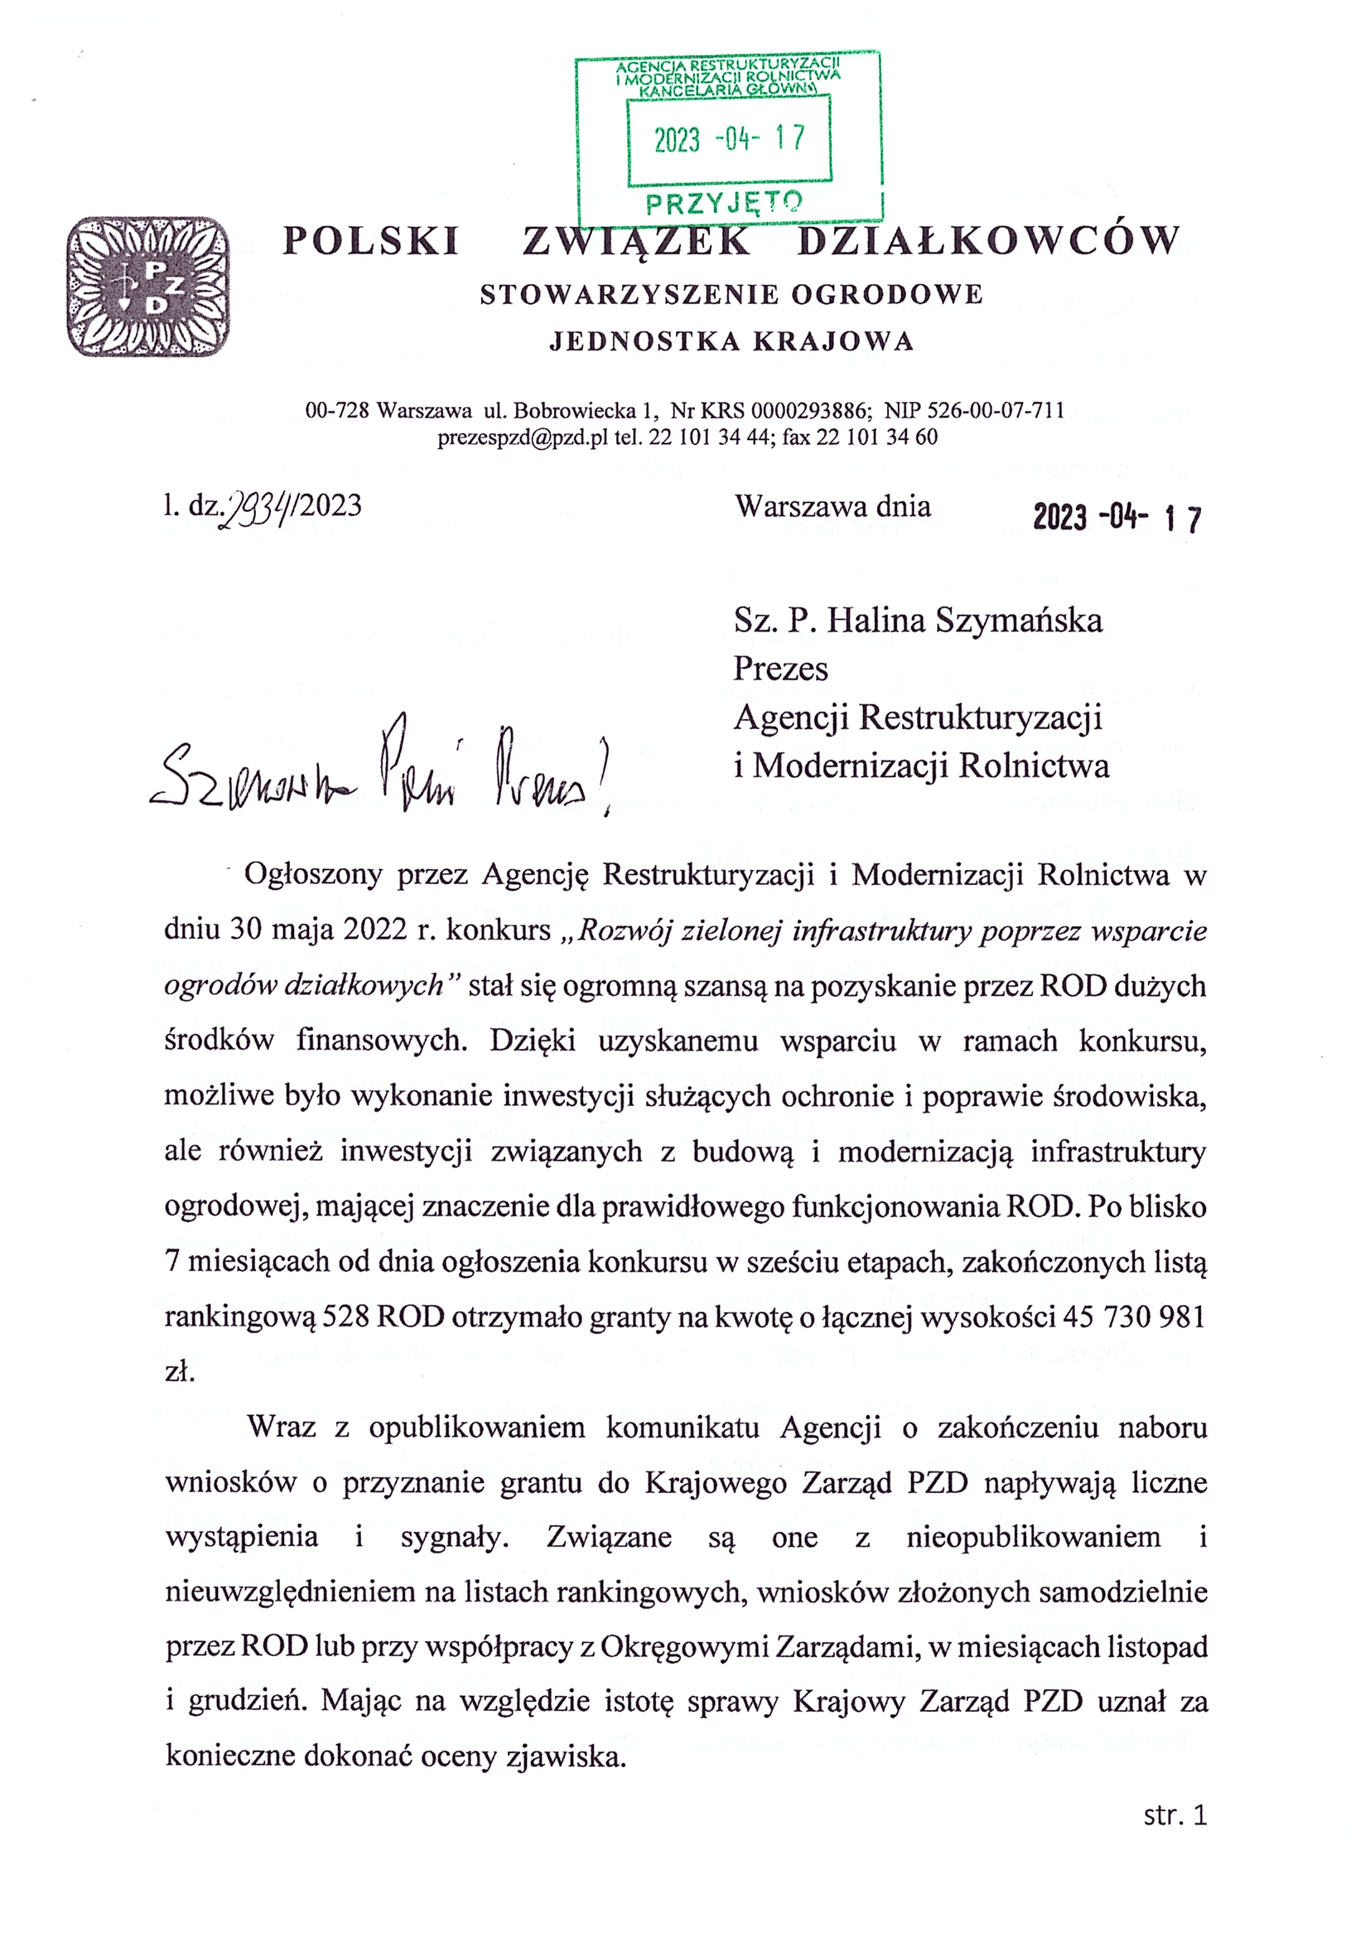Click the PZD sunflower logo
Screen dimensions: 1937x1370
(147, 286)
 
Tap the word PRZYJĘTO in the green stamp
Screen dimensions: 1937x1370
(724, 202)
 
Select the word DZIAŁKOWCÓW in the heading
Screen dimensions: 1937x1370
(988, 241)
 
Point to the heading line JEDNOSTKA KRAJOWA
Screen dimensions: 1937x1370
(731, 341)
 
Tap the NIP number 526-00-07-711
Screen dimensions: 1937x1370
(996, 411)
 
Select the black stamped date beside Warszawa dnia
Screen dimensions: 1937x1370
(1117, 517)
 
